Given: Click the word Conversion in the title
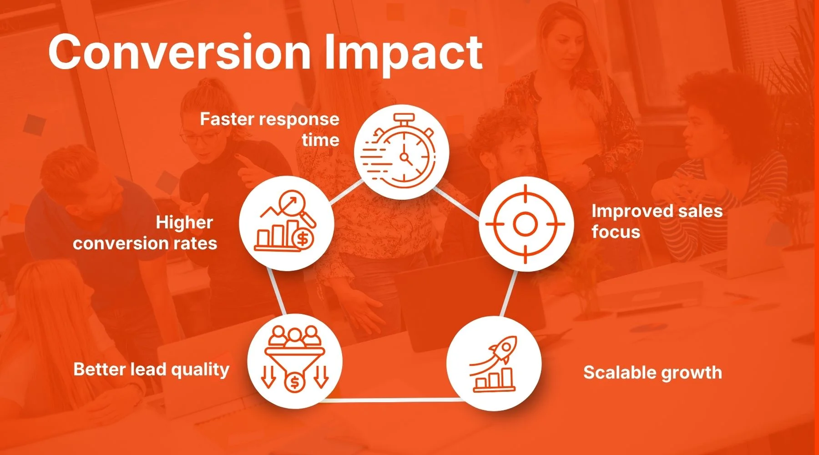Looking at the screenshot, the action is click(180, 52).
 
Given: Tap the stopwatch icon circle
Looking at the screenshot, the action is click(402, 152).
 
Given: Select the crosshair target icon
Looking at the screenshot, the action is click(526, 224).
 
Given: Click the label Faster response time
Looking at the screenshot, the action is click(270, 129).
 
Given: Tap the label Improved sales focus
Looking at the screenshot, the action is click(657, 221).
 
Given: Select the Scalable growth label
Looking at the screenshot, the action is click(652, 373).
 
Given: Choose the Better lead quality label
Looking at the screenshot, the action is click(151, 369).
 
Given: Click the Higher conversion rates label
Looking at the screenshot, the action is click(145, 233).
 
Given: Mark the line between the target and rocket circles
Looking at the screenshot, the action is click(509, 293).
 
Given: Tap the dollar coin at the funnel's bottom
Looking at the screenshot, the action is click(295, 382).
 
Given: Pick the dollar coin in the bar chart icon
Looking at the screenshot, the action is click(303, 238).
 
